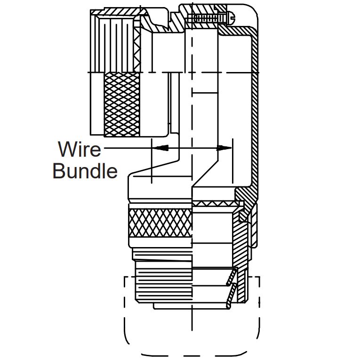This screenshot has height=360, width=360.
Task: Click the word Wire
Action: [80, 149]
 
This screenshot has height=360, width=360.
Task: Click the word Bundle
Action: [85, 171]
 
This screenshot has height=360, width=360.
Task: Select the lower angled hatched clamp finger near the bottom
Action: [230, 297]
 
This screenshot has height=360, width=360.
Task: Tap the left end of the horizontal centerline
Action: [90, 72]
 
